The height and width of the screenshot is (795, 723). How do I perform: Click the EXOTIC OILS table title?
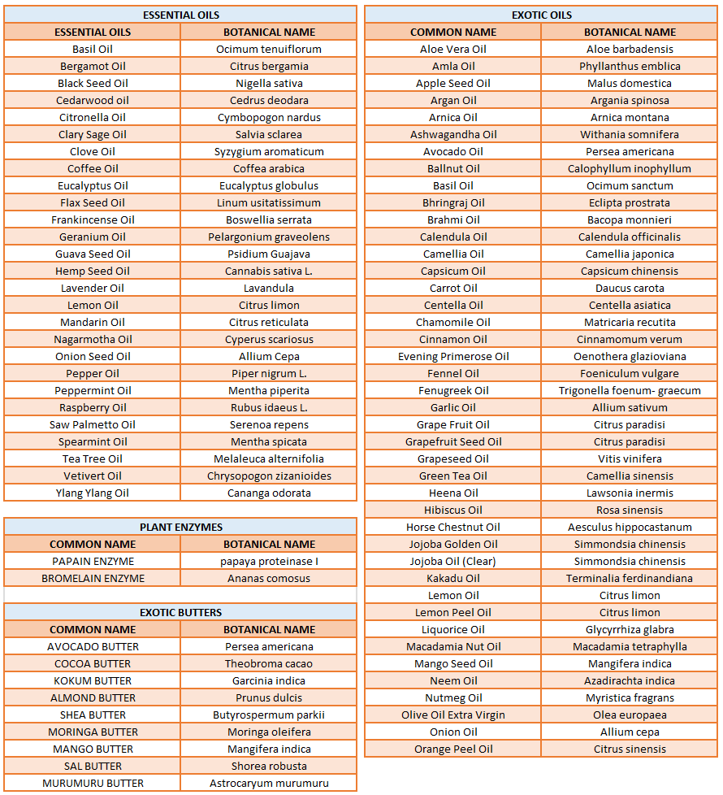pos(541,15)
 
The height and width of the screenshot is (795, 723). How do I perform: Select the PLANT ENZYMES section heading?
pos(180,527)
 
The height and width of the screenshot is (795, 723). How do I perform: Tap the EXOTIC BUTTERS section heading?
pos(180,612)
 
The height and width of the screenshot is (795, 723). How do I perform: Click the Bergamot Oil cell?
pos(93,66)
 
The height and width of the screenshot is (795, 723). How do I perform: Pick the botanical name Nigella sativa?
pos(269,83)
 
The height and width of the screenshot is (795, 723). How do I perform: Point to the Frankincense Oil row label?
pos(93,219)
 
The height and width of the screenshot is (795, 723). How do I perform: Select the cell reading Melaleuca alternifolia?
pos(269,458)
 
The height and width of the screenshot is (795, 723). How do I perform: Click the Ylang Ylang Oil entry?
pos(93,493)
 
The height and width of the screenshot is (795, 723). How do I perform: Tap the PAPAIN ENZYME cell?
pos(93,561)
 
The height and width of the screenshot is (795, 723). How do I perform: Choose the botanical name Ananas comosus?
pos(269,578)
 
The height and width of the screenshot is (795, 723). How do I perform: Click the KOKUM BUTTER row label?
pos(93,680)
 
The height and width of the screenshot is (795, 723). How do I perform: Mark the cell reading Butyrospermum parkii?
pos(269,715)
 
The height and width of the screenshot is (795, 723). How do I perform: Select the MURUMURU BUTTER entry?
pos(93,783)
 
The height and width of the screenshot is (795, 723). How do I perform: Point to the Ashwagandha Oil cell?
pos(453,134)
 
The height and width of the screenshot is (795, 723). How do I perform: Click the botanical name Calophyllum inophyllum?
pos(630,168)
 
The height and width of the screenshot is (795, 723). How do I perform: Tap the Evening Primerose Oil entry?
pos(453,356)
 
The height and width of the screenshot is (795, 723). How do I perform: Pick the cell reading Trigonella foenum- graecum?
pos(630,390)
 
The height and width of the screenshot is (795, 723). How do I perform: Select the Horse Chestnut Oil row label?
pos(453,527)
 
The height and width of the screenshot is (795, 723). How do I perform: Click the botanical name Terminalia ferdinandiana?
pos(630,578)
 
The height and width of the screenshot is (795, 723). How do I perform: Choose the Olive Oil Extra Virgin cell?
pos(453,715)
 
